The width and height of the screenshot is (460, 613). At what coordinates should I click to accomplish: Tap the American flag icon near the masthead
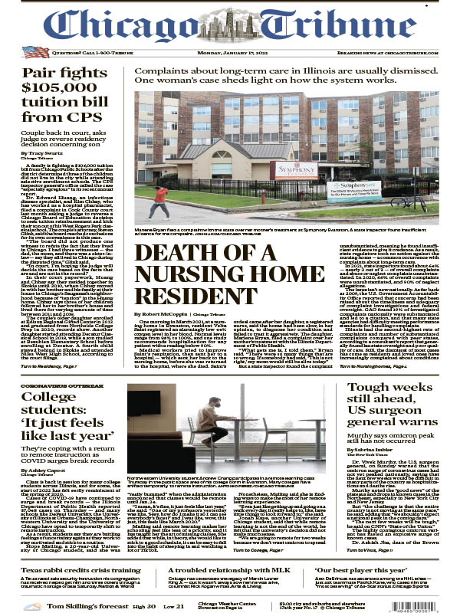[x=32, y=52]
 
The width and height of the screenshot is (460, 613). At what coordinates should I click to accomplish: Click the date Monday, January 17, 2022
[x=229, y=52]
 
